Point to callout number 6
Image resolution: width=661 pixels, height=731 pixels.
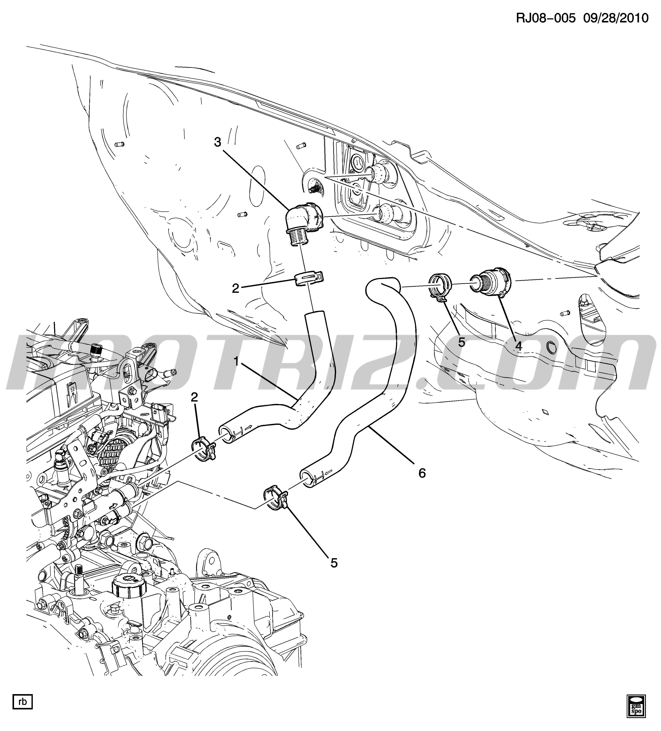422,473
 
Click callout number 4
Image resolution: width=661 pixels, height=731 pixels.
519,346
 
